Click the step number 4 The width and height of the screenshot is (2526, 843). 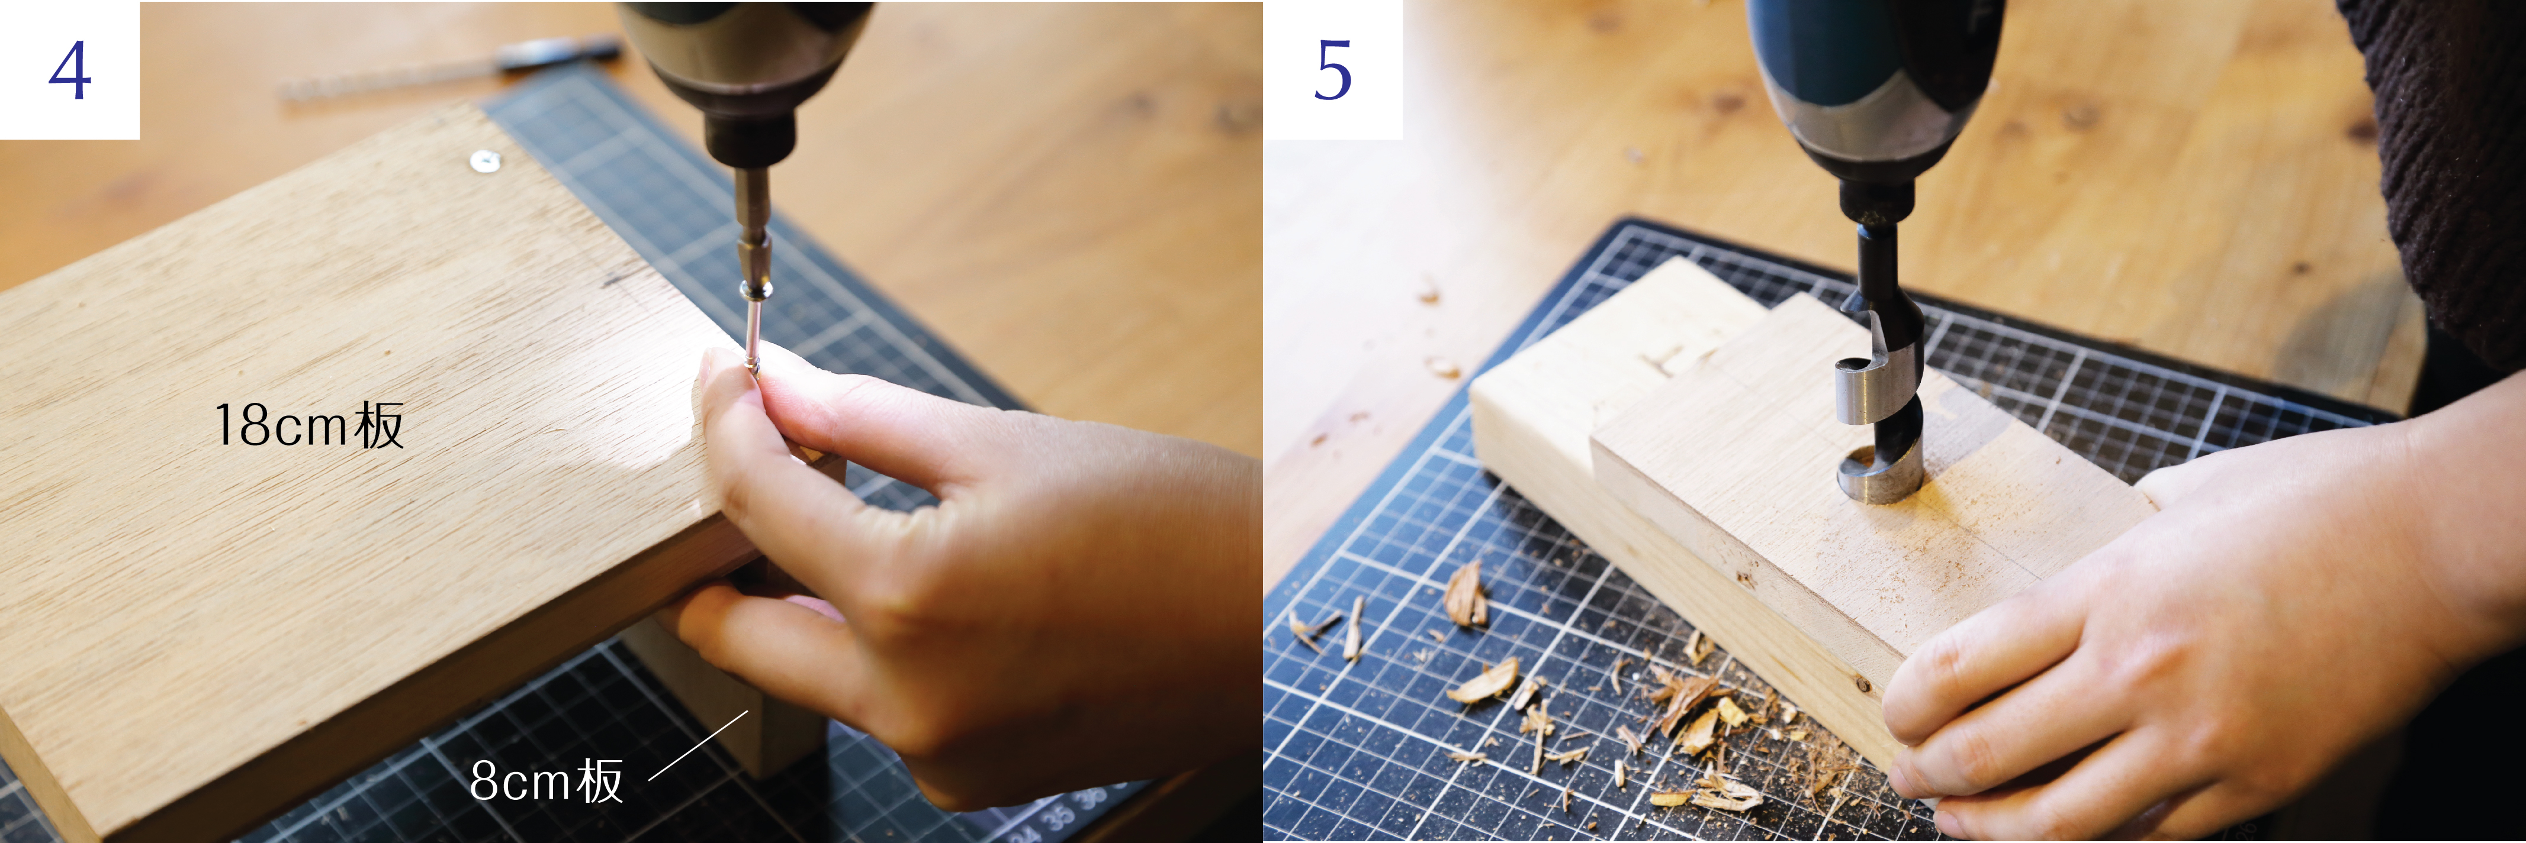(70, 70)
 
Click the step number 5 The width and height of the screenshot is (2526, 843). (1333, 70)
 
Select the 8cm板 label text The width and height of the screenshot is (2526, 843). (546, 781)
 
